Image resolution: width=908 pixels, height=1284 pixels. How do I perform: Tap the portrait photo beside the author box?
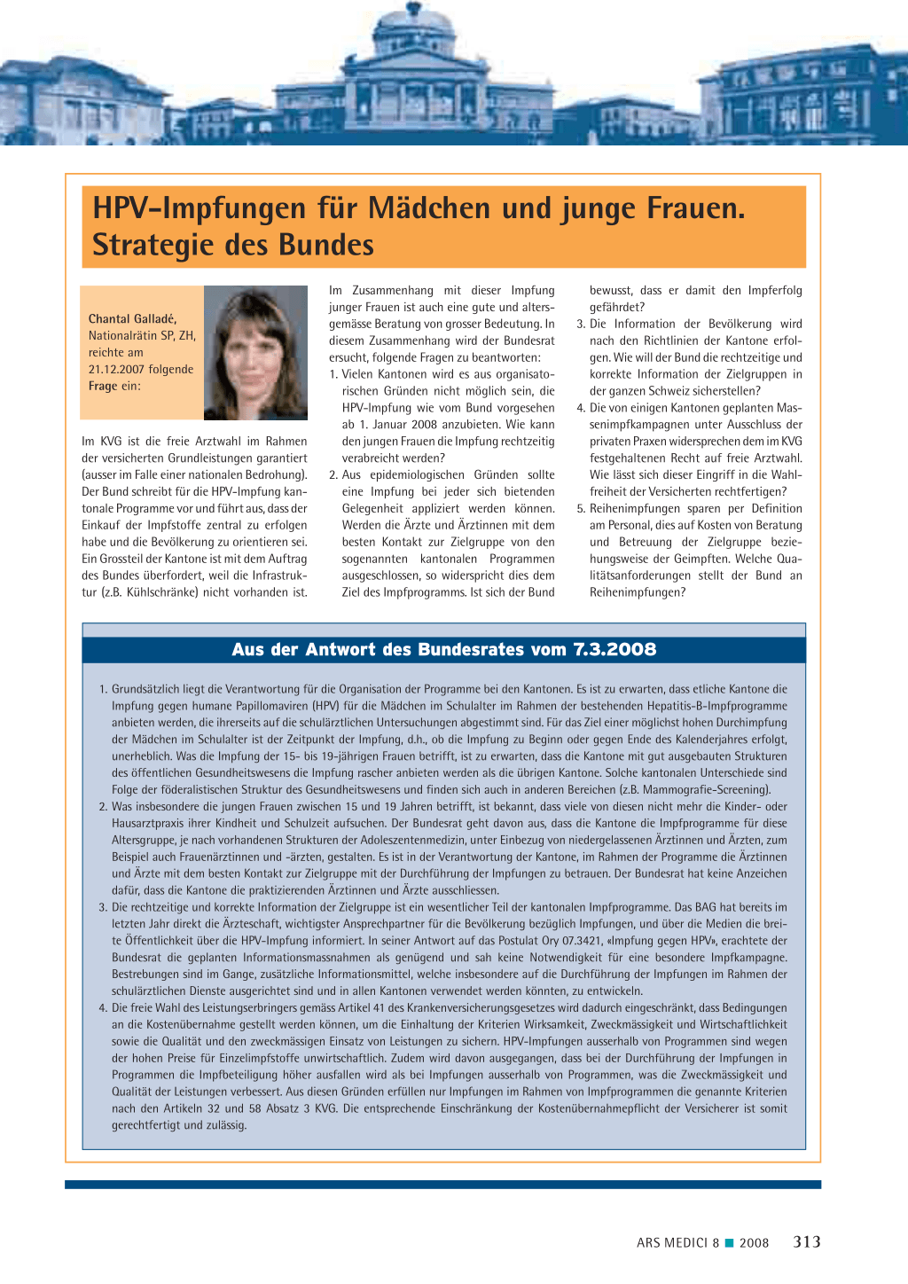255,353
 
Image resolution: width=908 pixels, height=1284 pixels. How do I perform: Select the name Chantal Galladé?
132,318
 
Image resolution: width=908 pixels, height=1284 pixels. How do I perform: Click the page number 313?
807,1241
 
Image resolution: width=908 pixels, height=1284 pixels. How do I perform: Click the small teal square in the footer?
729,1242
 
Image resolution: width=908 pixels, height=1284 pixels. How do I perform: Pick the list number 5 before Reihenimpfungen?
581,508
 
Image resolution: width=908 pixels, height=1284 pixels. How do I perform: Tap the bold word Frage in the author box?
102,386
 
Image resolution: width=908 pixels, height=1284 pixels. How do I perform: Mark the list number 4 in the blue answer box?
103,1008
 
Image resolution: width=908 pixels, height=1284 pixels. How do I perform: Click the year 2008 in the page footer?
754,1242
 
